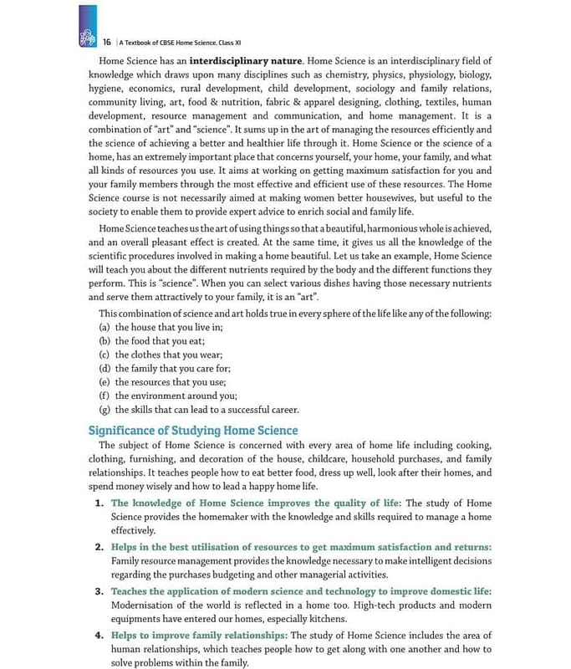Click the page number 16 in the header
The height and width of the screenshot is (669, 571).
pyautogui.click(x=107, y=42)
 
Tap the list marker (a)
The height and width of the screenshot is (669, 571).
pyautogui.click(x=105, y=328)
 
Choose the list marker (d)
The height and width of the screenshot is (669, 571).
pyautogui.click(x=105, y=368)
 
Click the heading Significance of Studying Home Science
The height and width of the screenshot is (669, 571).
pyautogui.click(x=193, y=430)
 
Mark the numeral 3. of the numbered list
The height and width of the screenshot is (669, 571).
pyautogui.click(x=99, y=591)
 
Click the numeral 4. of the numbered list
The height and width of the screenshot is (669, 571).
pyautogui.click(x=99, y=636)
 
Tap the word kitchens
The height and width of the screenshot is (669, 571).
pyautogui.click(x=321, y=619)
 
